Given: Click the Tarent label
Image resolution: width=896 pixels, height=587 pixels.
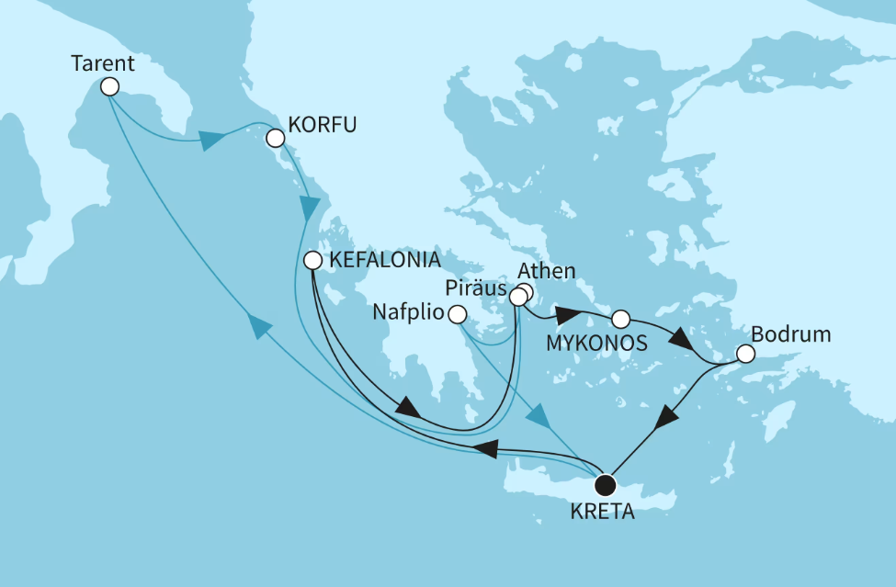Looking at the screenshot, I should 103,64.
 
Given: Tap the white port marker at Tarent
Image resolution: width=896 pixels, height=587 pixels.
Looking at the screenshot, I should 109,87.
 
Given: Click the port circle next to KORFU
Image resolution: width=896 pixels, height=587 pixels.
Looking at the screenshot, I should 274,139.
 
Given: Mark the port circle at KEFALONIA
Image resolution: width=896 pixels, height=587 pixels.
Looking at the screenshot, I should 313,260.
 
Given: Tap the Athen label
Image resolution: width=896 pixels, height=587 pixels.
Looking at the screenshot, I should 547,272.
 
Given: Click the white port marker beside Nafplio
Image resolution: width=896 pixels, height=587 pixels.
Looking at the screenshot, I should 457,315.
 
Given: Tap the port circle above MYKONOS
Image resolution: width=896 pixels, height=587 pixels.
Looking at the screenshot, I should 620,320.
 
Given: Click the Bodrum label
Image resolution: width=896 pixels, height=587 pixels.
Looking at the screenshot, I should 791,334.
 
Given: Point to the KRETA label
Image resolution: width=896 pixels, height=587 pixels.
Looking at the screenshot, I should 603,513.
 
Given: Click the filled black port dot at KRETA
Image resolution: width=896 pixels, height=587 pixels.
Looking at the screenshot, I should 605,485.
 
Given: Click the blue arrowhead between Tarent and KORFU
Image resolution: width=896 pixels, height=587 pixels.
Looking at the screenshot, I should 211,141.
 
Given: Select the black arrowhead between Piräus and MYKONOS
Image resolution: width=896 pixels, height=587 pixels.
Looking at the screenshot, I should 566,316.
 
